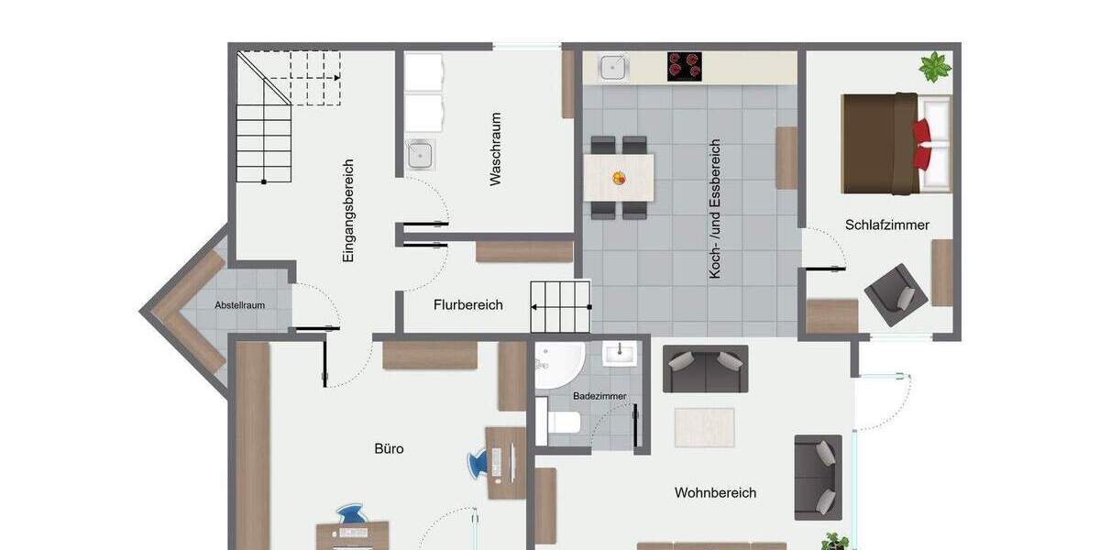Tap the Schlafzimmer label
click(x=887, y=225)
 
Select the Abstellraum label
click(x=240, y=305)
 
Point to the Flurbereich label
click(x=467, y=305)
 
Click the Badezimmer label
click(x=599, y=396)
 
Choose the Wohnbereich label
click(x=715, y=493)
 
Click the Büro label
click(x=389, y=449)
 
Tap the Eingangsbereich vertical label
click(x=348, y=212)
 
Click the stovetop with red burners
click(x=684, y=67)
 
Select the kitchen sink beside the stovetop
click(x=612, y=66)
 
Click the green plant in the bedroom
click(x=935, y=67)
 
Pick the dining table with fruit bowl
click(x=619, y=178)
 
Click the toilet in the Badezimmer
click(x=560, y=423)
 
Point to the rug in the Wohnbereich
click(x=704, y=427)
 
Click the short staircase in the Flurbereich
click(x=560, y=306)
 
